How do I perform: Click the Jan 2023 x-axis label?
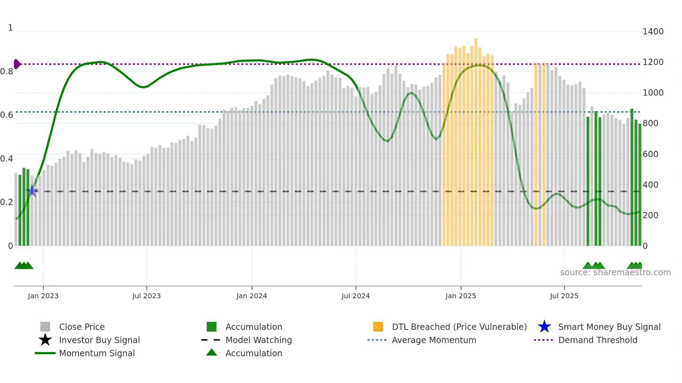point(43,296)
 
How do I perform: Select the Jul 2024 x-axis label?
point(356,296)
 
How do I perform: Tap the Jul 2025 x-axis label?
point(564,296)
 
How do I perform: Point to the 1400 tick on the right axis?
point(653,32)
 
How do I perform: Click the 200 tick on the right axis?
point(650,215)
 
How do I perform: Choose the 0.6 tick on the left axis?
point(7,115)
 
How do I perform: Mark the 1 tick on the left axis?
point(10,28)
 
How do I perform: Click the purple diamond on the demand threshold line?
point(17,64)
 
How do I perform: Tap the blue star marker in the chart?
point(32,191)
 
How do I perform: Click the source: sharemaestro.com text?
point(615,272)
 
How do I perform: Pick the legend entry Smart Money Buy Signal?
point(609,327)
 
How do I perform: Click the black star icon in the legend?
point(45,340)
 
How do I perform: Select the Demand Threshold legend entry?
point(597,340)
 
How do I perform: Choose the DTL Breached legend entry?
point(459,327)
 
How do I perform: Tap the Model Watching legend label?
point(259,340)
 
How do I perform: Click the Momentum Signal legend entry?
point(97,353)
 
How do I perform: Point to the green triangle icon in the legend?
point(212,353)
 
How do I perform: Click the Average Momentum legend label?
point(434,340)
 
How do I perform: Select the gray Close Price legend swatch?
point(45,327)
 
